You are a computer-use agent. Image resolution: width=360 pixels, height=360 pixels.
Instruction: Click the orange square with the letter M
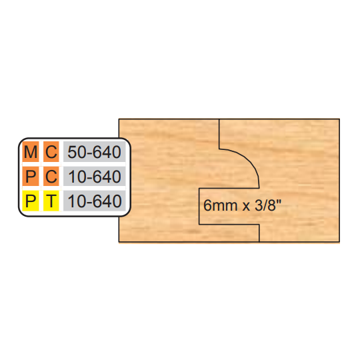coord(31,151)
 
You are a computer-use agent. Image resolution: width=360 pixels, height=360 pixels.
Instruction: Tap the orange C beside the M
coord(51,151)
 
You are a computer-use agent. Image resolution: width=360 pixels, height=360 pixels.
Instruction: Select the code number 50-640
coord(95,152)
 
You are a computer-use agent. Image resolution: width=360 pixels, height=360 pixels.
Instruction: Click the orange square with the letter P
coord(31,176)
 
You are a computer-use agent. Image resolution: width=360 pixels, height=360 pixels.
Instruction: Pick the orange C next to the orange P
coord(51,176)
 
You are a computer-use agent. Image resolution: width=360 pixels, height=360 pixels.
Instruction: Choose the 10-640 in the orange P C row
coord(95,177)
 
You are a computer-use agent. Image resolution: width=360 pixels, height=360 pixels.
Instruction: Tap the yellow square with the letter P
coord(31,201)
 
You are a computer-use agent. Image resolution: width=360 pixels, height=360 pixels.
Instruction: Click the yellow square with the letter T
coord(51,201)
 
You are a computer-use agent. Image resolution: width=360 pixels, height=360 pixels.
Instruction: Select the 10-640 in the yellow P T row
coord(95,201)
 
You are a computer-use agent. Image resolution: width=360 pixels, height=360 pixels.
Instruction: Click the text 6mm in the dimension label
coord(220,205)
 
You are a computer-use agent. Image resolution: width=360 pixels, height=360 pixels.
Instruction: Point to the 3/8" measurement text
coord(268,205)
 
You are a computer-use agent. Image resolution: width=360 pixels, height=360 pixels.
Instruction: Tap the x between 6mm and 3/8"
coord(246,207)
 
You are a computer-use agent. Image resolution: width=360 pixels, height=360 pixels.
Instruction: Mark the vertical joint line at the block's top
coord(219,133)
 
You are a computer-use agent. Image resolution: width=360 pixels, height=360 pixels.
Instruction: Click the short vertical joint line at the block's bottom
coord(259,233)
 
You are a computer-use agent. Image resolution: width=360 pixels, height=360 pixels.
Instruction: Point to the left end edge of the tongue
coord(199,207)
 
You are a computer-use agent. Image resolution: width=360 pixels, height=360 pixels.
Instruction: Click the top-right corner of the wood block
coord(339,119)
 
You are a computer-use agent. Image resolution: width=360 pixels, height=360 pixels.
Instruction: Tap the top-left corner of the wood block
coord(119,119)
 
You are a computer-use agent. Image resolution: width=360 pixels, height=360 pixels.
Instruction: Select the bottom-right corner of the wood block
coord(339,242)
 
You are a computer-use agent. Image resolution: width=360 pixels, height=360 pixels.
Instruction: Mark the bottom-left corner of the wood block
coord(119,242)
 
